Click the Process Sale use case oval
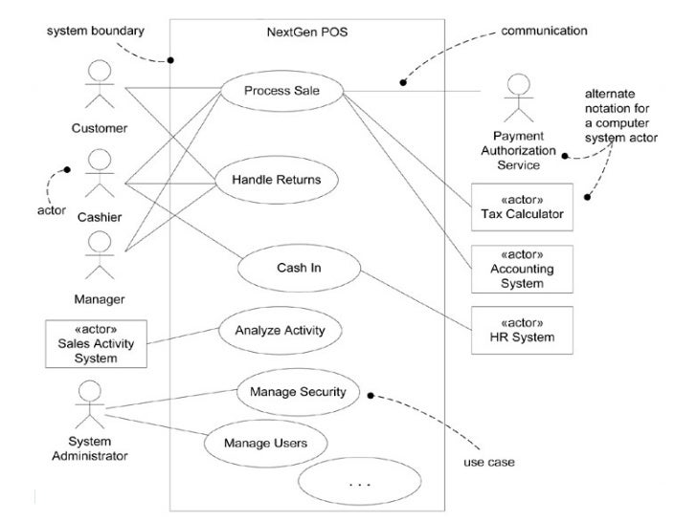pyautogui.click(x=282, y=91)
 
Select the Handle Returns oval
pyautogui.click(x=277, y=180)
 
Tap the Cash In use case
pyautogui.click(x=299, y=268)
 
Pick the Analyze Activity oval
pyautogui.click(x=280, y=330)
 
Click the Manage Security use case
pyautogui.click(x=298, y=392)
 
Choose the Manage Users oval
pyautogui.click(x=266, y=443)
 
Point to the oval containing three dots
pyautogui.click(x=360, y=482)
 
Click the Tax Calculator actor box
pyautogui.click(x=522, y=207)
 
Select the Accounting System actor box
pyautogui.click(x=522, y=269)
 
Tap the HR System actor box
pyautogui.click(x=522, y=330)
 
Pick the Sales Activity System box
pyautogui.click(x=96, y=344)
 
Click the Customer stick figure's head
pyautogui.click(x=100, y=71)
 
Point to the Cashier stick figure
pyautogui.click(x=100, y=173)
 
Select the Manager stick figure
pyautogui.click(x=100, y=255)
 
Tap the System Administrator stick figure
pyautogui.click(x=90, y=404)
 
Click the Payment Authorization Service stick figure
pyautogui.click(x=519, y=98)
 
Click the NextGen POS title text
pyautogui.click(x=307, y=32)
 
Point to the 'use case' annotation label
pyautogui.click(x=489, y=462)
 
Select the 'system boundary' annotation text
pyautogui.click(x=96, y=31)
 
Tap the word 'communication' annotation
pyautogui.click(x=544, y=31)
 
